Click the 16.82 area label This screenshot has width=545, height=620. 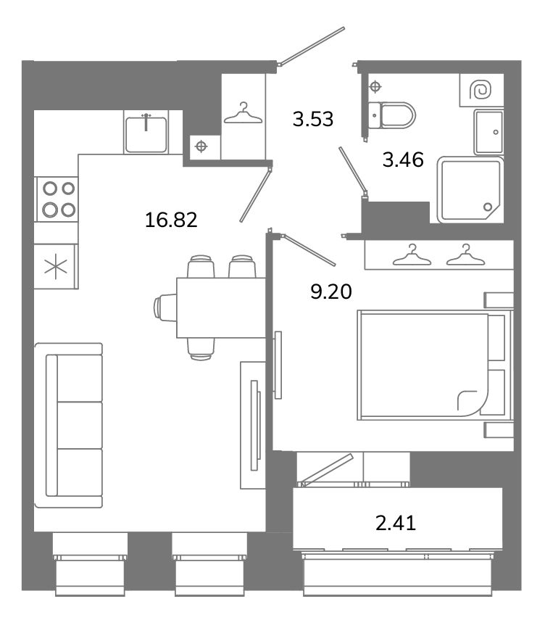click(171, 220)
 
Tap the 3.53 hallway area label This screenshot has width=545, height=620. click(313, 119)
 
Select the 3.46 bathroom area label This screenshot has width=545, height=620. click(403, 160)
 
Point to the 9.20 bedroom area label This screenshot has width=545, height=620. click(331, 292)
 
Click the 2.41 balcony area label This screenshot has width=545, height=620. click(396, 523)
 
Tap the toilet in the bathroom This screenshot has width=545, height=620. click(392, 115)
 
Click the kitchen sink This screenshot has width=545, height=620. click(146, 133)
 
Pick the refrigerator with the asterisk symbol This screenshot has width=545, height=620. click(56, 267)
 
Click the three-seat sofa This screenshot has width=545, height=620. click(69, 426)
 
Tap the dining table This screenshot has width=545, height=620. click(220, 308)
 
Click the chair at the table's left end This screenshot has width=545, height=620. click(165, 308)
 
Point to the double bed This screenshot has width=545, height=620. click(435, 365)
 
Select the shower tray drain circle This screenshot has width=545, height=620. click(488, 207)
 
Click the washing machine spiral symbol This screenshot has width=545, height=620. click(480, 90)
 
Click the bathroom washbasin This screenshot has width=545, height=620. click(488, 132)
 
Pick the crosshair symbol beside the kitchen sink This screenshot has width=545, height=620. click(201, 146)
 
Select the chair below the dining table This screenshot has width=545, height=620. click(201, 349)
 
